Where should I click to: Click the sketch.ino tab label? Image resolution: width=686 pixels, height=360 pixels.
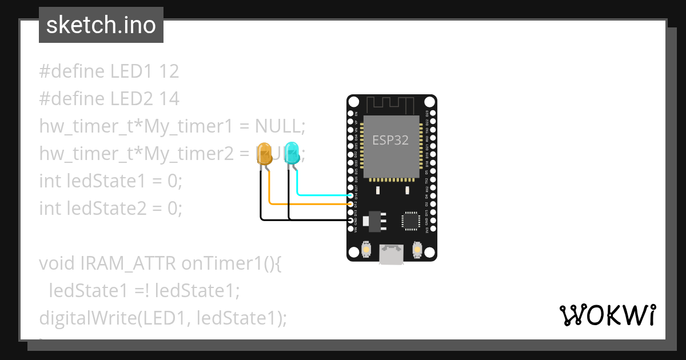101,25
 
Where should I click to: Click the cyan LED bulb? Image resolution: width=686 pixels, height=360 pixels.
292,153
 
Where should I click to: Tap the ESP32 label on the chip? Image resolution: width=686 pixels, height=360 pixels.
390,140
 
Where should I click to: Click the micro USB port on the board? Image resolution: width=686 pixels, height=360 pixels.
392,255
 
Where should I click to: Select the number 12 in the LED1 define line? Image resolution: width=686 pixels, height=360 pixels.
169,71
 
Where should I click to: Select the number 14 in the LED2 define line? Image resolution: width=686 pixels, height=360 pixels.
169,99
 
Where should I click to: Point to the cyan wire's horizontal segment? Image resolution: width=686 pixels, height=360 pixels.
323,195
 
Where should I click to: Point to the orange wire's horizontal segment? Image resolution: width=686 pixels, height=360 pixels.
309,203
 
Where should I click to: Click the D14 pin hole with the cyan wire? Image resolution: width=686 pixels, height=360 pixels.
350,195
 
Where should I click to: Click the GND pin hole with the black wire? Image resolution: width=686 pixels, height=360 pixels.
350,219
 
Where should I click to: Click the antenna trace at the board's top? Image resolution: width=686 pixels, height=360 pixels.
391,105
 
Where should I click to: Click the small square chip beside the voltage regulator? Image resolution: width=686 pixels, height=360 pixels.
410,221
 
